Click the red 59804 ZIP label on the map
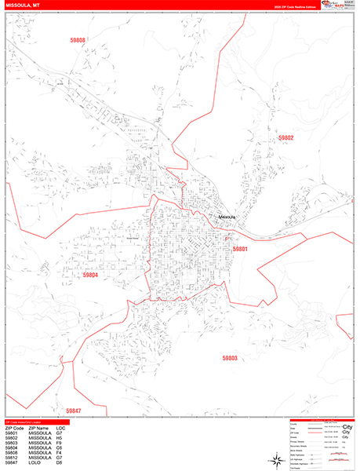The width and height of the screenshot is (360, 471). click(91, 275)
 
